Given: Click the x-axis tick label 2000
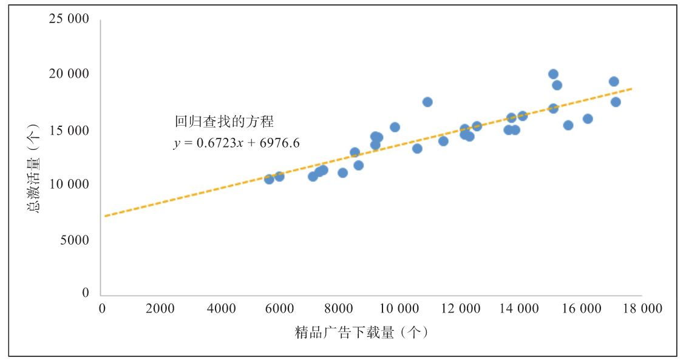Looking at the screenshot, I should pyautogui.click(x=160, y=309).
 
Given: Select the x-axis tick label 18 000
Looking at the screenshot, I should pyautogui.click(x=641, y=309).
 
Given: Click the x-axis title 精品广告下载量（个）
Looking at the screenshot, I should pyautogui.click(x=362, y=333).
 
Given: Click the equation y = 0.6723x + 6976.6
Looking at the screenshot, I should pyautogui.click(x=236, y=143).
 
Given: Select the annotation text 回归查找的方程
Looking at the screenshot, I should pyautogui.click(x=224, y=122).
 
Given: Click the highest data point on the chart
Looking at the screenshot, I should pyautogui.click(x=553, y=74).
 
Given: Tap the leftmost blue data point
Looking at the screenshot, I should pyautogui.click(x=269, y=179).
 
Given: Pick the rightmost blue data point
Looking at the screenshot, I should pyautogui.click(x=616, y=102).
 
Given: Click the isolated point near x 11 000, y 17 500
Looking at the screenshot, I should pyautogui.click(x=427, y=102).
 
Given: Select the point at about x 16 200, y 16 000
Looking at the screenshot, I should pyautogui.click(x=588, y=119).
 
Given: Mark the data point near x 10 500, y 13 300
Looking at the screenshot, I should pyautogui.click(x=417, y=149).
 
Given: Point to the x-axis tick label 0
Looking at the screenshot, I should pyautogui.click(x=102, y=309).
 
